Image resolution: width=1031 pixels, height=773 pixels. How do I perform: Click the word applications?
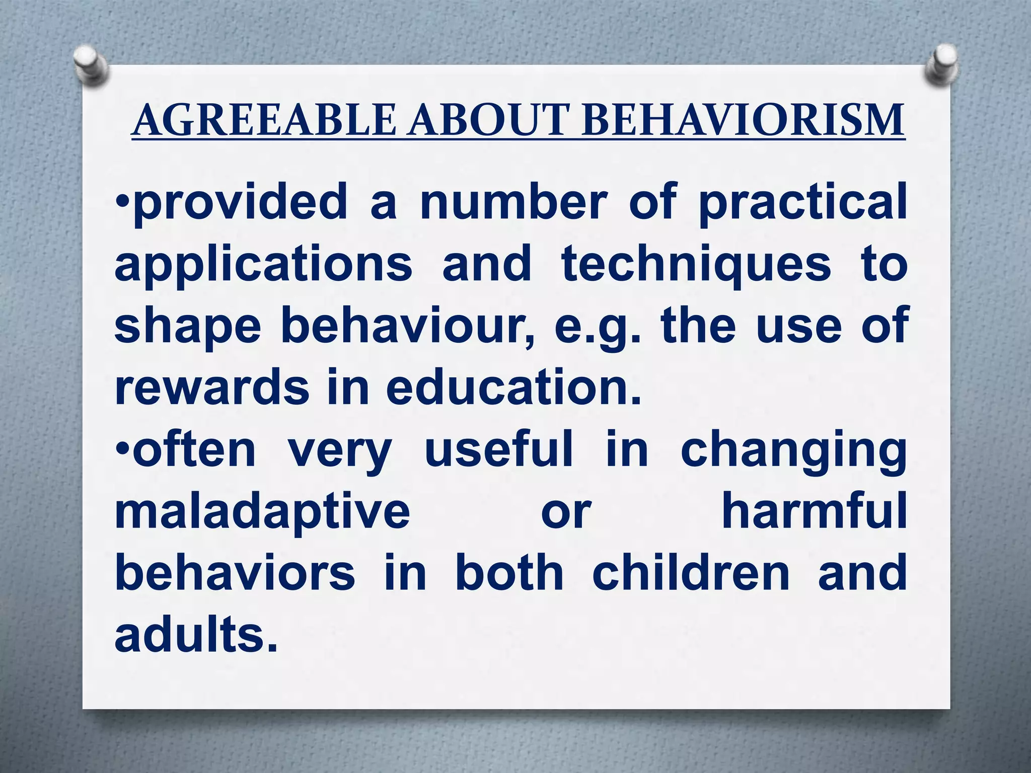click(263, 265)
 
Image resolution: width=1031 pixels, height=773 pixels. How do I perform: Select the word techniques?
click(696, 265)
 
